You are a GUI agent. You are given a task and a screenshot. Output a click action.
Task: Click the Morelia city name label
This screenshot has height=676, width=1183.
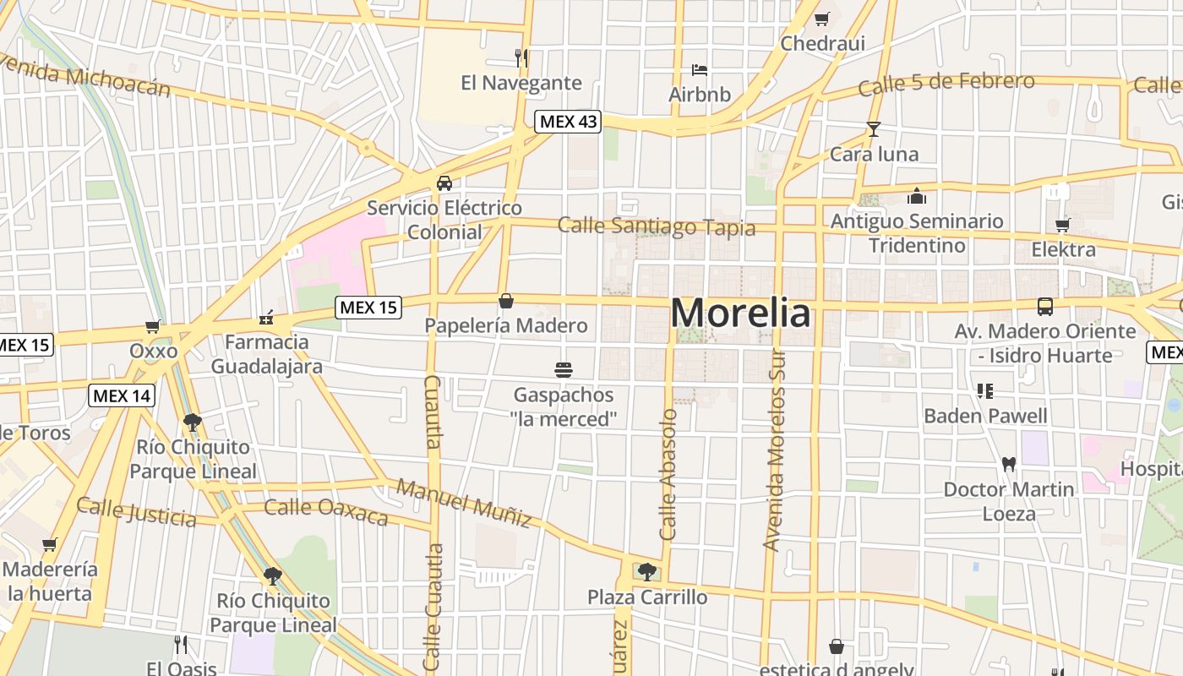740,313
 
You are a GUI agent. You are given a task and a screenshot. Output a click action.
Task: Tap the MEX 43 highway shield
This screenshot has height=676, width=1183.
568,122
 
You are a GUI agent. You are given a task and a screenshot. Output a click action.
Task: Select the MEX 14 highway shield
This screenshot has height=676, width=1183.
122,395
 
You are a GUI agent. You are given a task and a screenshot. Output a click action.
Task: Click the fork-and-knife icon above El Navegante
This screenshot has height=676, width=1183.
521,57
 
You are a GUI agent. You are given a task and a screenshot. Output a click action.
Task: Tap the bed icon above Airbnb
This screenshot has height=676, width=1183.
700,69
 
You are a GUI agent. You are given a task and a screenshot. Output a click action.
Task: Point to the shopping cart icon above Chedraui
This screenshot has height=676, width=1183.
821,19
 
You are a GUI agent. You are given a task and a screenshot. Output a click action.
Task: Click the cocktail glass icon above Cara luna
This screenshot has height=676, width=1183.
874,129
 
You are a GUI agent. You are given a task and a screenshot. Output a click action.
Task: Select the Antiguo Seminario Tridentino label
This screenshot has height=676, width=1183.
917,233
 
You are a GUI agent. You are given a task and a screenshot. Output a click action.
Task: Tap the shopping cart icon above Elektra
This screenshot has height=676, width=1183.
1063,225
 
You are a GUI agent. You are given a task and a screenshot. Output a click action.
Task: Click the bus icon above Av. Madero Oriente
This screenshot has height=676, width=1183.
1045,306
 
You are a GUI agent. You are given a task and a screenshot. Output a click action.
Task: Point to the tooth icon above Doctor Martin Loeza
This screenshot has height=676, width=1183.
1008,464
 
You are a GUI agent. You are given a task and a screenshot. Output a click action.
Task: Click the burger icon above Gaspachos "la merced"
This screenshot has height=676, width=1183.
564,369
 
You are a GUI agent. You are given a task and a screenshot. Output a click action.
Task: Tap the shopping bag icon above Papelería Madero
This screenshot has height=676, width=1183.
506,301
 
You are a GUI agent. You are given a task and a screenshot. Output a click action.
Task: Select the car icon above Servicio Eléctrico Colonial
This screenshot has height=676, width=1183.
444,183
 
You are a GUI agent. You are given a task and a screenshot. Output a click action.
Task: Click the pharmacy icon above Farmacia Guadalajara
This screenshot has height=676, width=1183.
266,318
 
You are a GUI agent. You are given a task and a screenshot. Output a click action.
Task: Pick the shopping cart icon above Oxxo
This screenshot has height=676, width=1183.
153,326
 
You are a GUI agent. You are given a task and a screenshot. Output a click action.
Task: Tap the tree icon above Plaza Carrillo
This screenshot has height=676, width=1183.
647,572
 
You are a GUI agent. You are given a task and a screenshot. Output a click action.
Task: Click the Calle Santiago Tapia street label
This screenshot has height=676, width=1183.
657,226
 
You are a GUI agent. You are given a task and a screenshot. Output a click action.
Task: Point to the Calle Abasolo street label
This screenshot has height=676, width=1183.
668,475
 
